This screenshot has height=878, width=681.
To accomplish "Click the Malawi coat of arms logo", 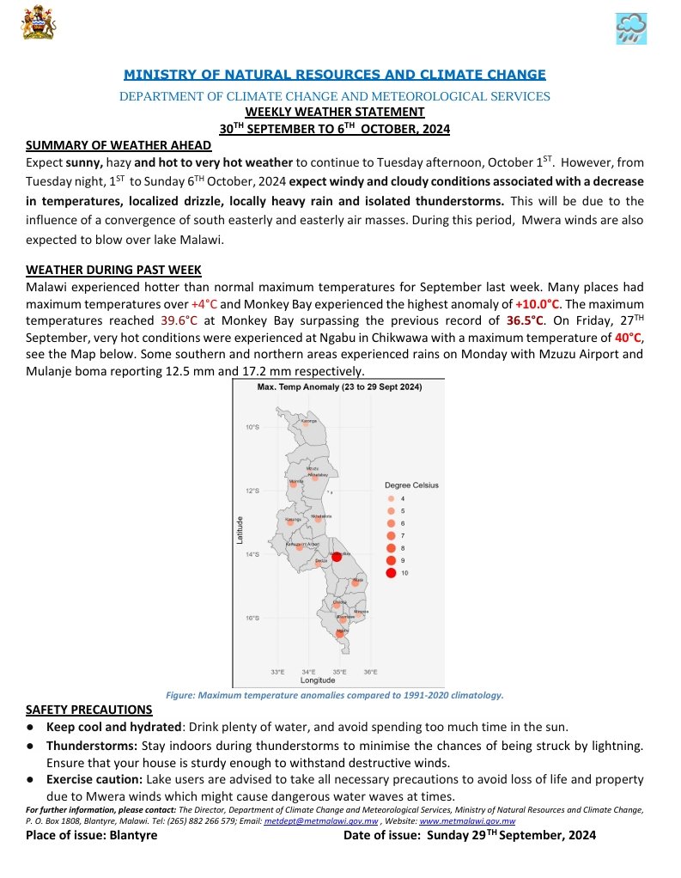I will click(x=38, y=21).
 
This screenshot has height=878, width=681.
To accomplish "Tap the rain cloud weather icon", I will click(x=631, y=28).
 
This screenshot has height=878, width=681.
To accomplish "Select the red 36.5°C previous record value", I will click(x=526, y=320).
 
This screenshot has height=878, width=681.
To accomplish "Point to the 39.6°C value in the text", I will click(x=180, y=320).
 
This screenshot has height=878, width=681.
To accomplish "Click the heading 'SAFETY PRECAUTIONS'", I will click(x=89, y=710).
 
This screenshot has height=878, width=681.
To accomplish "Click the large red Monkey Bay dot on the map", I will click(x=337, y=557).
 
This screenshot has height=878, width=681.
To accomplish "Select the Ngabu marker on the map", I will click(x=342, y=633).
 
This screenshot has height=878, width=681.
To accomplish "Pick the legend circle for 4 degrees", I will click(x=392, y=498).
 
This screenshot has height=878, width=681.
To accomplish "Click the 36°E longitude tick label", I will click(x=370, y=672).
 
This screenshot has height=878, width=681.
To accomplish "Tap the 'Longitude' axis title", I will click(x=318, y=680).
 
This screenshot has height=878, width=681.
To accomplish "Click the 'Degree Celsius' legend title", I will click(x=411, y=485).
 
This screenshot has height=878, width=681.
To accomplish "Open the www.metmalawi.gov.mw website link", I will click(x=467, y=821).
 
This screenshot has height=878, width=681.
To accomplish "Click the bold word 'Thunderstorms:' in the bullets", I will click(x=92, y=746).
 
